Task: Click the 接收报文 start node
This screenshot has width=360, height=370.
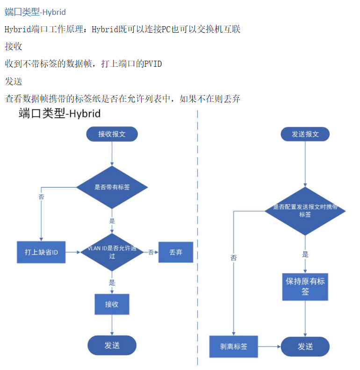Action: tap(112, 134)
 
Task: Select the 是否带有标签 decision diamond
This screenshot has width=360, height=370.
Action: tap(112, 187)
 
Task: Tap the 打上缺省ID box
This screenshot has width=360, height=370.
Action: tap(41, 252)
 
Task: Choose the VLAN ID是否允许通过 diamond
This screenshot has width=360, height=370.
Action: tap(112, 252)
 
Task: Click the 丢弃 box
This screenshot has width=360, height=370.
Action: tap(176, 252)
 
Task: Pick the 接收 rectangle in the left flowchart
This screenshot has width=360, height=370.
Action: tap(112, 304)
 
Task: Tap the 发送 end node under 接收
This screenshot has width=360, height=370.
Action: tap(112, 345)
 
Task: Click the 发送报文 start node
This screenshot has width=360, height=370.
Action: tap(305, 134)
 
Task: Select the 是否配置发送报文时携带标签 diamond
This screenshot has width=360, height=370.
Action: tap(305, 211)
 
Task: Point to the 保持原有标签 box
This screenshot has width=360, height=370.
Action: tap(305, 287)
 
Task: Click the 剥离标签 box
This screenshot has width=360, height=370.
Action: tap(234, 346)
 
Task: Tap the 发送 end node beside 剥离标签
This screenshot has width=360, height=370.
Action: tap(305, 346)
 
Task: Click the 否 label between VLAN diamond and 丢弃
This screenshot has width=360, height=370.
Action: tap(151, 252)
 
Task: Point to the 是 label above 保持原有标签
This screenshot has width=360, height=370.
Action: tap(305, 254)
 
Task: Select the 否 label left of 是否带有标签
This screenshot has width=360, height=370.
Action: tap(41, 197)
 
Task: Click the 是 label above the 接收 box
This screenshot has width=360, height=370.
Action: tap(112, 283)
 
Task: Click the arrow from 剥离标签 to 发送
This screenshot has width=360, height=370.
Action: tap(269, 346)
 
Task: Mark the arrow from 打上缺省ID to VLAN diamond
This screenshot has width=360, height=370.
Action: tap(73, 252)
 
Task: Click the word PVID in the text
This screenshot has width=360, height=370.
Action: tap(153, 64)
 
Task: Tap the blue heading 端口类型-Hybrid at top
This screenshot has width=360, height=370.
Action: tap(35, 12)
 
